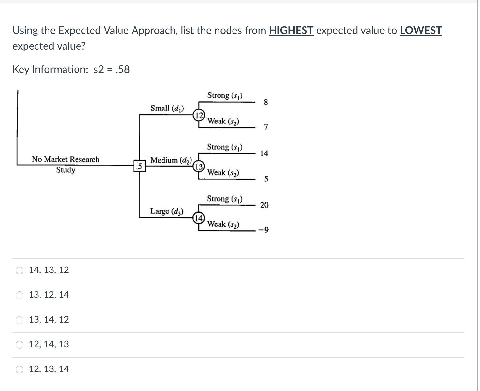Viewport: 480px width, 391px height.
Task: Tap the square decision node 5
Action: (139, 166)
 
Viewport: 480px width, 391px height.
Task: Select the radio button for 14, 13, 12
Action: (20, 270)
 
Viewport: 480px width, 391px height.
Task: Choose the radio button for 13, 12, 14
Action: (20, 295)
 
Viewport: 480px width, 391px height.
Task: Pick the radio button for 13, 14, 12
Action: (20, 320)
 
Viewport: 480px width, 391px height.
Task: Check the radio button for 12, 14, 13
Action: (20, 344)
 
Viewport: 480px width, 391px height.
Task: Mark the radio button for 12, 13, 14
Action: (20, 369)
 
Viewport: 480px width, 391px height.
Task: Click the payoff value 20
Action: (264, 205)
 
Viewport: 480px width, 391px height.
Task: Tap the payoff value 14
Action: (264, 153)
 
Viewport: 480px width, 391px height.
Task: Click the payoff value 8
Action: (266, 102)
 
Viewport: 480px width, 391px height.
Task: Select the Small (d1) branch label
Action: (167, 108)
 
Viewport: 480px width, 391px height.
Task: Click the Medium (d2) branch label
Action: (171, 160)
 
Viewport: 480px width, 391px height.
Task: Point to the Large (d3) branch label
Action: (167, 211)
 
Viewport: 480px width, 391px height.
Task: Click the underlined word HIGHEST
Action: (291, 30)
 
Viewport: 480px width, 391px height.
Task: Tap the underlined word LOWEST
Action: (421, 30)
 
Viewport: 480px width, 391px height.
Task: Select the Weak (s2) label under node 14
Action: (223, 224)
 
